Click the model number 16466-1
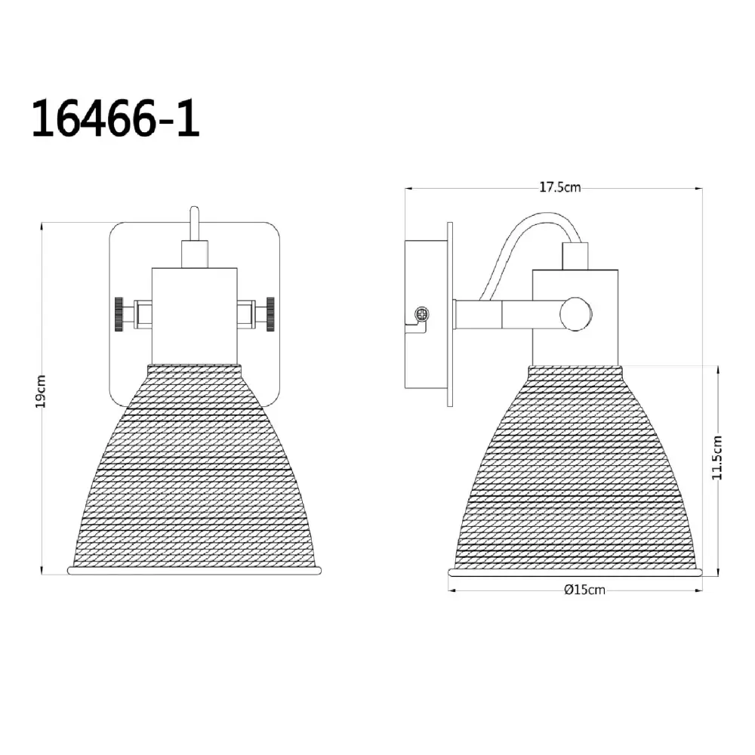point(116,119)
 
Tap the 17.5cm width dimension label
point(560,186)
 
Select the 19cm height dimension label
point(41,391)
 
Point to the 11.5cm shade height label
point(717,457)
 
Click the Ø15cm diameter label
point(584,590)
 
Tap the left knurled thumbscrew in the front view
point(119,314)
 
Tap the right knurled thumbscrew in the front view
point(270,314)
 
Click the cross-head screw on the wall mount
point(422,315)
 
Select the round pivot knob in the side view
point(576,314)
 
